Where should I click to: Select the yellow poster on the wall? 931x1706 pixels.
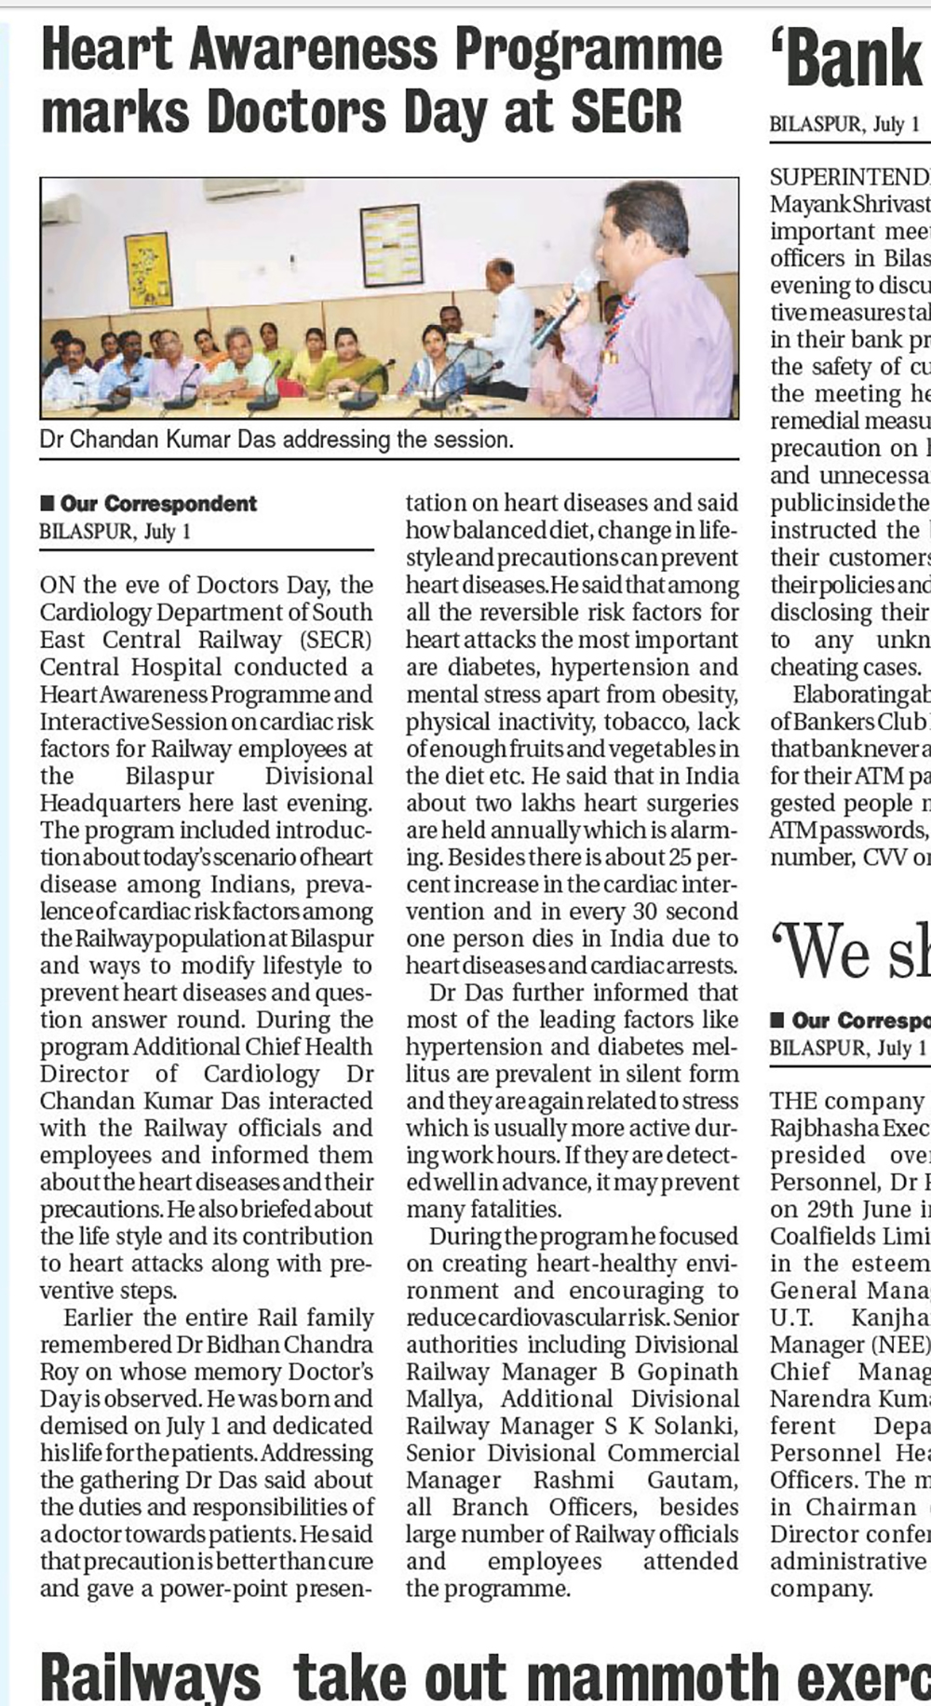[148, 270]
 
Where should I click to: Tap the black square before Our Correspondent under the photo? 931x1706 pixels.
[47, 504]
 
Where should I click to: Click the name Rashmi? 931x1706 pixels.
[573, 1480]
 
